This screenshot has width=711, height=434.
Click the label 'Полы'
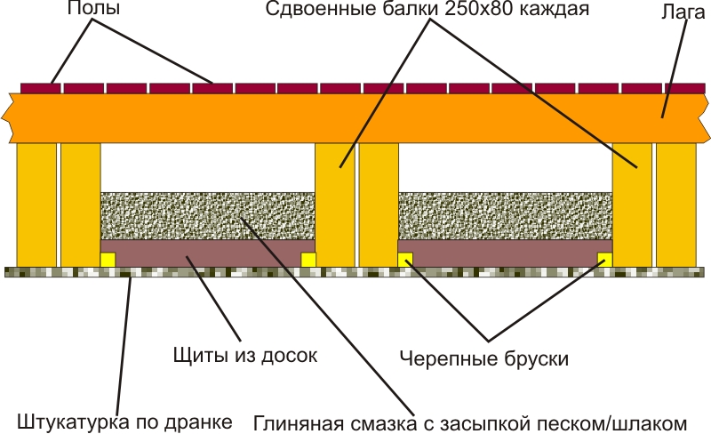tap(94, 11)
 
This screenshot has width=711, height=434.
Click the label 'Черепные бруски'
tap(483, 359)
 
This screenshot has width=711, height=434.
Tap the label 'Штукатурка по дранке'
tap(124, 421)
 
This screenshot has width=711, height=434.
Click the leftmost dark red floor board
tap(40, 88)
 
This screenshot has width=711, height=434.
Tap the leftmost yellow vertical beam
tap(36, 205)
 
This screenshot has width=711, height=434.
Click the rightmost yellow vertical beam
tap(676, 205)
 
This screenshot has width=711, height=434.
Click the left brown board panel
tap(208, 253)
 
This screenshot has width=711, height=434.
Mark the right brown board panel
tap(505, 253)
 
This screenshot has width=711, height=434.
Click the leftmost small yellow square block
tap(108, 259)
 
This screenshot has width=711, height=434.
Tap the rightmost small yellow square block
tap(605, 259)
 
